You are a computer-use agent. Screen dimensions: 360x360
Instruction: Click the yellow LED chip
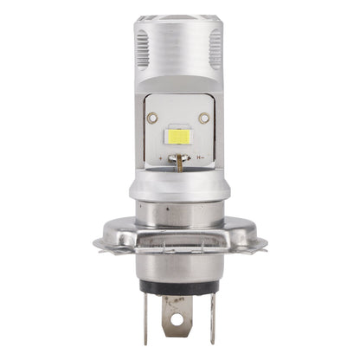(179, 137)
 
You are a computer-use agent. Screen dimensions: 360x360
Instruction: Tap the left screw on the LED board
(152, 118)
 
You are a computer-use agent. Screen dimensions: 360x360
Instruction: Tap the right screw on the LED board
(204, 118)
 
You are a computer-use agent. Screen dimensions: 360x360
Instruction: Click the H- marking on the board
(200, 158)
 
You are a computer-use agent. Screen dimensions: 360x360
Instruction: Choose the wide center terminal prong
(177, 316)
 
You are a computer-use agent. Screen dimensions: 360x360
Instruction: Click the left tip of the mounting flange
(98, 244)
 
